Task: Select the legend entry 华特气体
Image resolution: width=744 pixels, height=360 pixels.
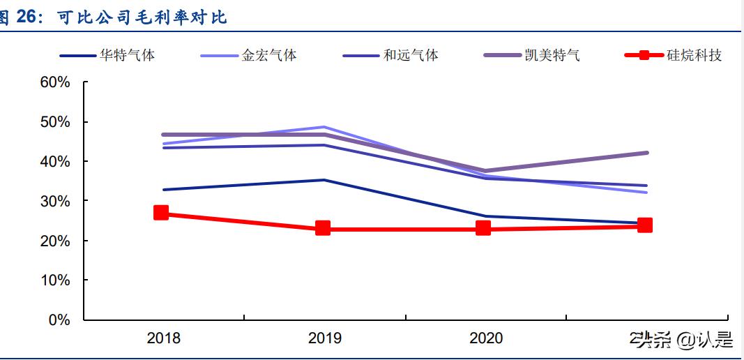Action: (x=127, y=55)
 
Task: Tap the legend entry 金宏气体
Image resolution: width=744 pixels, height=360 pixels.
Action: (x=268, y=55)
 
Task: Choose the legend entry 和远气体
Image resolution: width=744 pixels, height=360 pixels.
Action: (x=411, y=55)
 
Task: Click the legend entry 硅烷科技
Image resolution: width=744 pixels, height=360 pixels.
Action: (x=694, y=55)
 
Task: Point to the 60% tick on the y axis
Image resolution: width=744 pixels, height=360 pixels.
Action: (x=55, y=82)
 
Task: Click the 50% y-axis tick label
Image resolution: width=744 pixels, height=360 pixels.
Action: (x=55, y=122)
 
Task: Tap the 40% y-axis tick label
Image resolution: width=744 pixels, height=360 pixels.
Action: (x=55, y=161)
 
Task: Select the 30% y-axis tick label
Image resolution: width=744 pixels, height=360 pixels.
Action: (x=55, y=201)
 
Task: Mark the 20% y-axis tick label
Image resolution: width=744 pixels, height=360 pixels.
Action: (x=55, y=241)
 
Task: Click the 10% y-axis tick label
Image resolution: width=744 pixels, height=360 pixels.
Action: (x=55, y=280)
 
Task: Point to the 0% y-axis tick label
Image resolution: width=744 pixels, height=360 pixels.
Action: (x=59, y=320)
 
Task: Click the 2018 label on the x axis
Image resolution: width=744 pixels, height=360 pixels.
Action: (x=163, y=338)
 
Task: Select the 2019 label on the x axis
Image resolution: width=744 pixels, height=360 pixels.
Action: (x=325, y=338)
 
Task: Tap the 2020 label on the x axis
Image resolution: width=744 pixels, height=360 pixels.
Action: (x=486, y=338)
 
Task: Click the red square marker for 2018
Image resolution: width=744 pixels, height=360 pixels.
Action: (x=161, y=213)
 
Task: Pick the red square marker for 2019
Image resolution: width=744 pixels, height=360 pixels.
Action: (x=323, y=228)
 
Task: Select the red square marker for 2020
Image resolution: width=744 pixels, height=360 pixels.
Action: (x=483, y=228)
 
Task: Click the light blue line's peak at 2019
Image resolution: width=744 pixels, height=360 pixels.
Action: (x=324, y=127)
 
